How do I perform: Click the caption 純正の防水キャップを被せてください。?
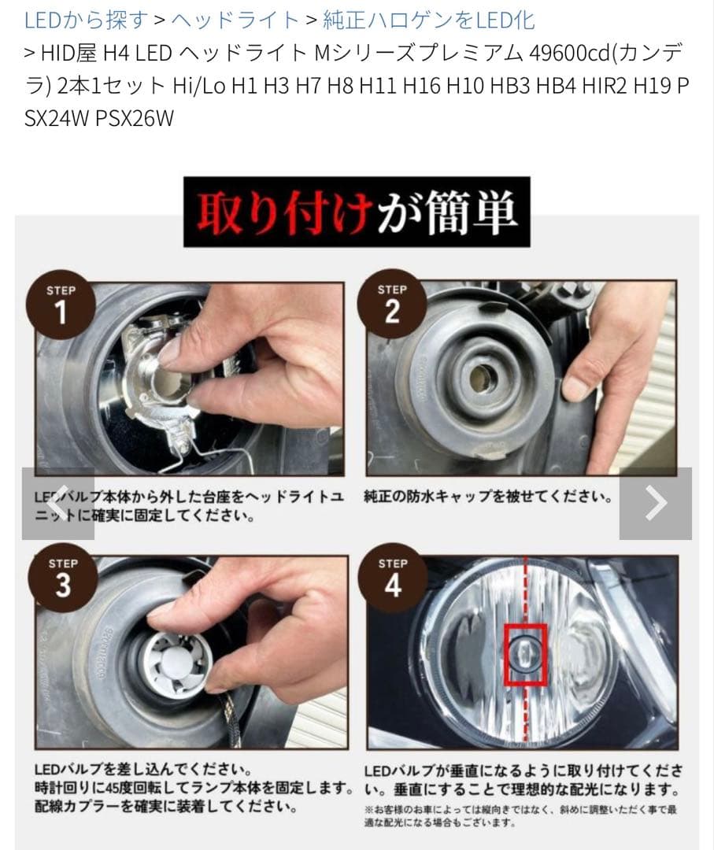click(x=488, y=497)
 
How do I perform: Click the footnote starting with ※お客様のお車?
click(x=520, y=815)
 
